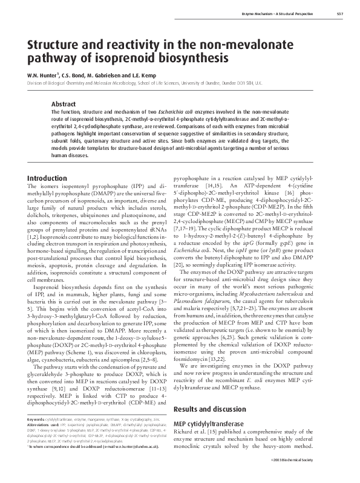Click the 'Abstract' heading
pyautogui.click(x=64, y=103)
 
